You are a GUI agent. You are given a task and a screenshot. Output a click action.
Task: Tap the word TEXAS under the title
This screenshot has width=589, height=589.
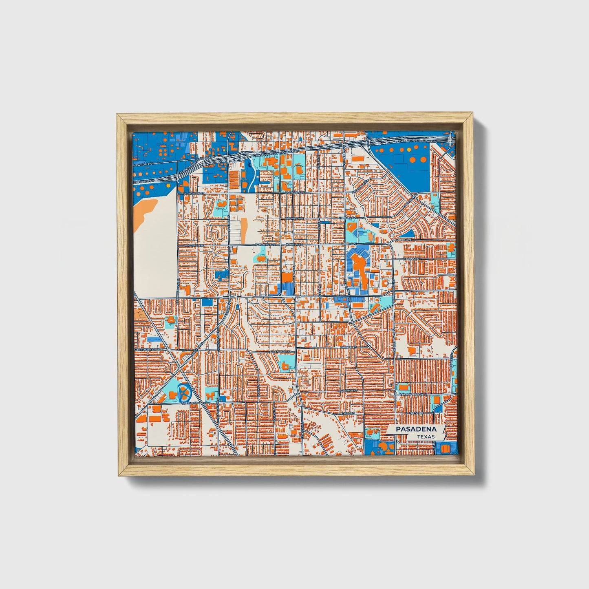pos(426,437)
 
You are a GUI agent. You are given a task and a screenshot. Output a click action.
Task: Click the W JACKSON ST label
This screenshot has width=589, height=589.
pos(193,193)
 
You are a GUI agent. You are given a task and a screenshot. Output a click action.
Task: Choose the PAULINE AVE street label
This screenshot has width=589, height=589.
pos(349,390)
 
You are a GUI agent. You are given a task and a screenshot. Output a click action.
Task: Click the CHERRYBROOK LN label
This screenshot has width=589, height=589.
pos(412,395)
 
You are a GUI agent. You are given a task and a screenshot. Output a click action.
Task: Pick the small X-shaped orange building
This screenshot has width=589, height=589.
pos(452,279)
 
